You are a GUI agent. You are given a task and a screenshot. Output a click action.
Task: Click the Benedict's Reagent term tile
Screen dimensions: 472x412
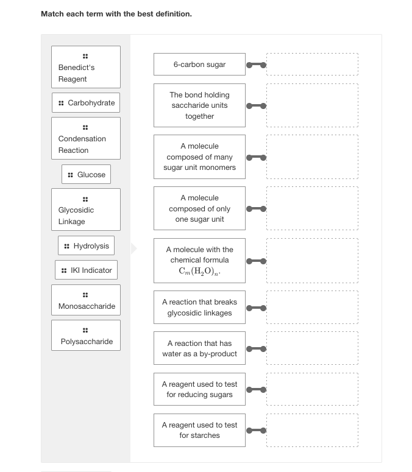click(x=85, y=68)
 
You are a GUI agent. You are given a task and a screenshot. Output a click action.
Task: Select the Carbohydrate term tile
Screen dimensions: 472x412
click(x=85, y=103)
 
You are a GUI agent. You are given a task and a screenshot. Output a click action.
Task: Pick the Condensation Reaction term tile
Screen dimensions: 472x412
click(x=85, y=139)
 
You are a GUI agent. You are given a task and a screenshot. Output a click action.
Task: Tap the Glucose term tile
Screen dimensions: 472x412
click(x=85, y=175)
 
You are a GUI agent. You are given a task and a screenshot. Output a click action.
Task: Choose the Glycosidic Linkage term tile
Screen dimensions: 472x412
click(x=85, y=210)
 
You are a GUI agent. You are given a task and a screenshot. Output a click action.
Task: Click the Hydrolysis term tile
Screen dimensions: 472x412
click(x=85, y=246)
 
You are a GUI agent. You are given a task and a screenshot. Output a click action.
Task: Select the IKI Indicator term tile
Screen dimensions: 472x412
click(x=85, y=270)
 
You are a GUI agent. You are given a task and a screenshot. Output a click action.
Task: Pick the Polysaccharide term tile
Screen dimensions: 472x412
click(x=85, y=336)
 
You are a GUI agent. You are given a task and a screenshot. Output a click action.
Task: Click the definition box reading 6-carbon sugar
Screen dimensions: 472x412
click(x=199, y=65)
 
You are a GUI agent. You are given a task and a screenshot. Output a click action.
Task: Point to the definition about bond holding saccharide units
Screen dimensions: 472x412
click(x=199, y=105)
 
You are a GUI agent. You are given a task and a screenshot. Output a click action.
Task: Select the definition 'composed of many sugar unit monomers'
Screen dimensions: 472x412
click(x=199, y=157)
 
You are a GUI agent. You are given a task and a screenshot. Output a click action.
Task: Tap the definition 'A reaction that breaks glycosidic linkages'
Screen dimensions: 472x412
click(x=199, y=308)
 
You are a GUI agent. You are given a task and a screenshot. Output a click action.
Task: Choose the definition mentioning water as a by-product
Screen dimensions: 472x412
click(x=199, y=348)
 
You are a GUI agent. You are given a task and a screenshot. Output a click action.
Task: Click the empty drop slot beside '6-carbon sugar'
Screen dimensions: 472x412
click(x=312, y=65)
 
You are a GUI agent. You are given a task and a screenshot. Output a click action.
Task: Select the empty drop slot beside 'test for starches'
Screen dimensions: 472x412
click(x=312, y=430)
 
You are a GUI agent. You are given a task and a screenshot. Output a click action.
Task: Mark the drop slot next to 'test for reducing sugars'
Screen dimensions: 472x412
click(x=312, y=389)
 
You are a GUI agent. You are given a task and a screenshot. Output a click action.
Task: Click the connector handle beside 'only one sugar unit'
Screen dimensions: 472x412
click(x=256, y=209)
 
